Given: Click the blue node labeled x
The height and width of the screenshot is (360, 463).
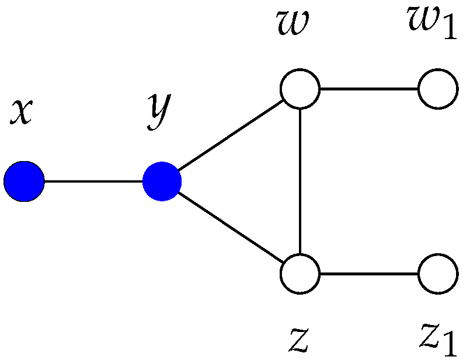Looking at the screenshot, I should tap(24, 181).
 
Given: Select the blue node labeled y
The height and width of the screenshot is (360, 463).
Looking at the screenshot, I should tap(162, 181).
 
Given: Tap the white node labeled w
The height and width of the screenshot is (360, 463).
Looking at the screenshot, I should tap(300, 90).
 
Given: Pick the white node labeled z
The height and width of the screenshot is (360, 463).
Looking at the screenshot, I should tap(300, 273).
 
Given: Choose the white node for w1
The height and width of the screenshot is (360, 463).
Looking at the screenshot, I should tap(438, 90).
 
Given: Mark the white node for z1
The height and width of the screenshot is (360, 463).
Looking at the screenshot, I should tap(438, 273).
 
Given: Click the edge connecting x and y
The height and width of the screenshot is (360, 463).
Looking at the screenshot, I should tap(93, 181).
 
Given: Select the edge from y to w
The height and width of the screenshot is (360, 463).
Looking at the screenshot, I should tap(231, 136).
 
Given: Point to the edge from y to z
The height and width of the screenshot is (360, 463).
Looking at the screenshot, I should tap(231, 227).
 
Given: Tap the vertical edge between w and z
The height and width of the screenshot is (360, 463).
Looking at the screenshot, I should tap(300, 181).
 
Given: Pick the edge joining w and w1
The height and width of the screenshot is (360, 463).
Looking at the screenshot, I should tap(369, 90).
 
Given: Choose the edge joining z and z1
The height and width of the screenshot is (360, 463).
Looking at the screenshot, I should tap(369, 273).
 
